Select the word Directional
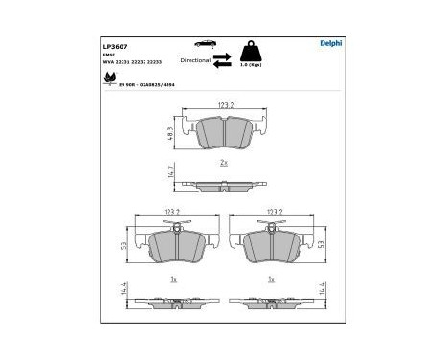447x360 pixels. click(x=193, y=59)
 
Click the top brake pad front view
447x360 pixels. click(x=224, y=134)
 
